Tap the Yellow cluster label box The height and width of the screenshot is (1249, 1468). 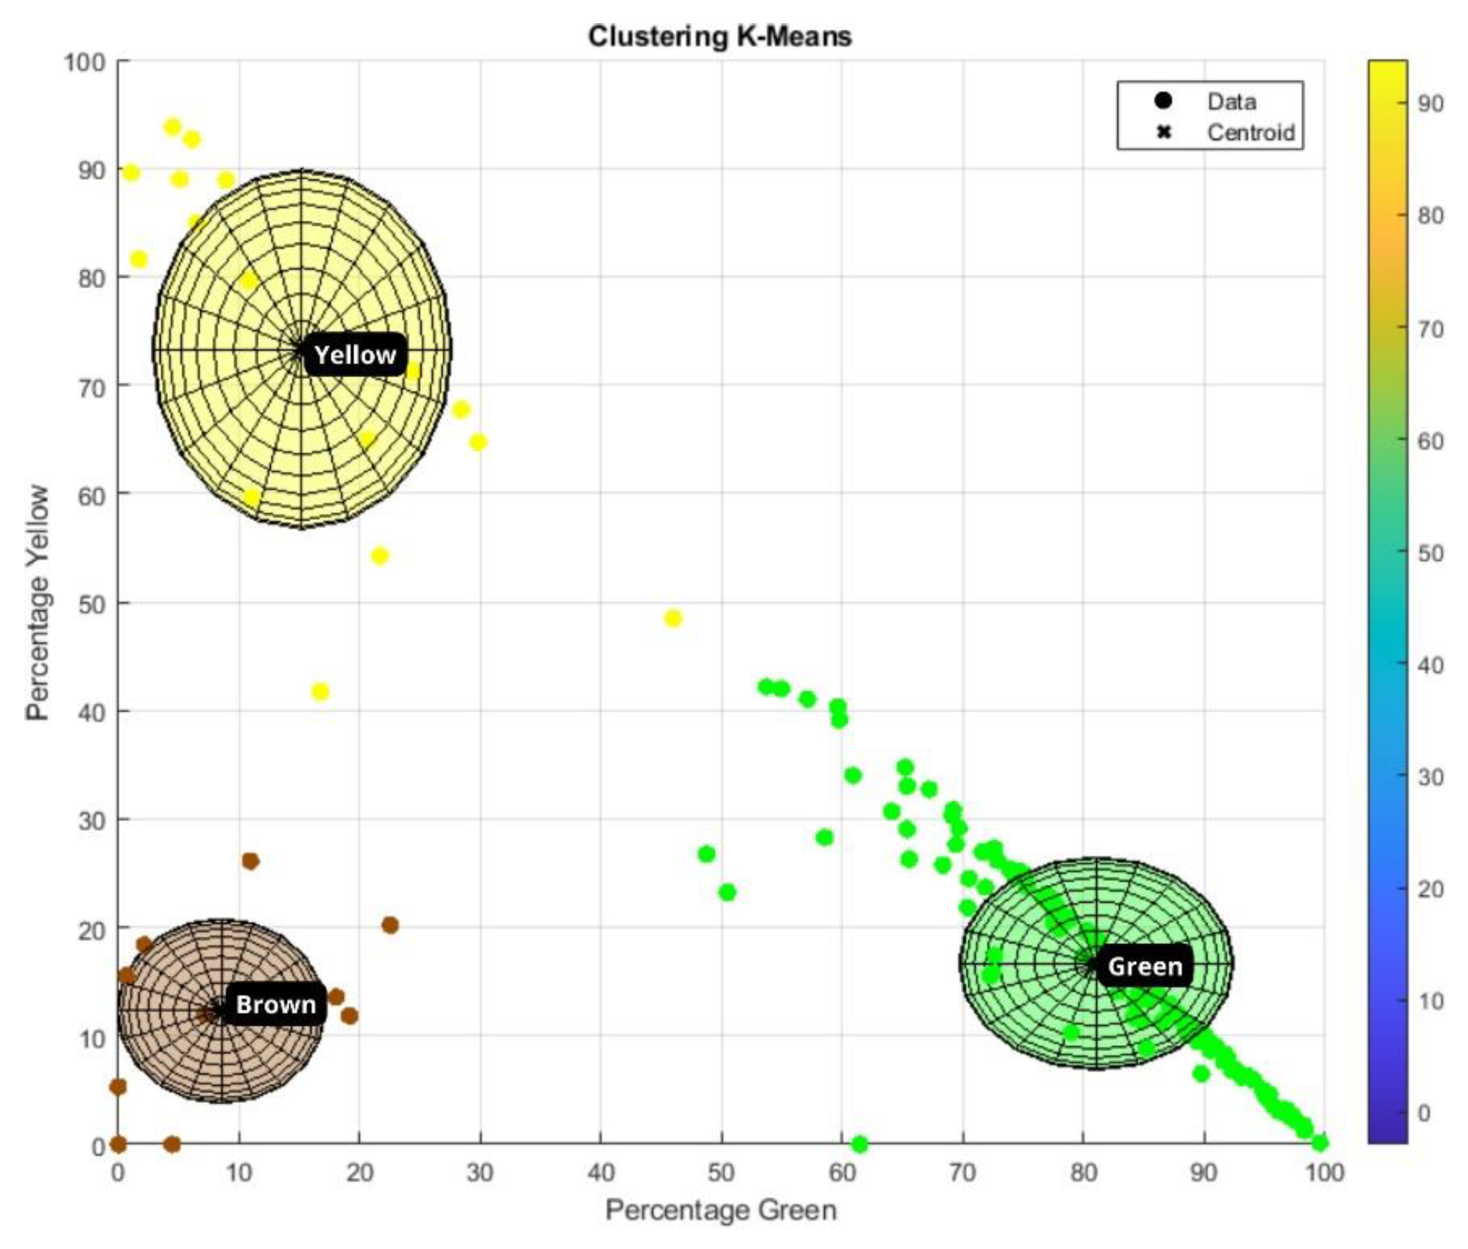click(x=355, y=355)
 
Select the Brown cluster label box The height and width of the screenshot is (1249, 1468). click(x=276, y=1004)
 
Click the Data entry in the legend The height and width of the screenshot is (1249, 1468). click(x=1231, y=102)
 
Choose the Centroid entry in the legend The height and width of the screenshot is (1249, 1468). click(x=1250, y=133)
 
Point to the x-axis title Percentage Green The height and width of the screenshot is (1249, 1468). click(x=721, y=1210)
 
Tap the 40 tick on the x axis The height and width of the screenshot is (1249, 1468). click(x=601, y=1172)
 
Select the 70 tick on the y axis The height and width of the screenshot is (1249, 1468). click(x=92, y=388)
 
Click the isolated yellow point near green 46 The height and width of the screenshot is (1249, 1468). click(x=673, y=618)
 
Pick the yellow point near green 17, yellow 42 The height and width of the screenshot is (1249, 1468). click(x=320, y=691)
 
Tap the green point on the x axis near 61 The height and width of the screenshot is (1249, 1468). click(x=859, y=1143)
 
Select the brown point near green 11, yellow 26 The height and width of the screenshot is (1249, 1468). click(x=250, y=861)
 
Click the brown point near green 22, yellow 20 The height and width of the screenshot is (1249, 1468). click(x=389, y=925)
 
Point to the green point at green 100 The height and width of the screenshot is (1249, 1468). click(x=1320, y=1142)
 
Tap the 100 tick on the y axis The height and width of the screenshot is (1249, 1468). click(x=84, y=62)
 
